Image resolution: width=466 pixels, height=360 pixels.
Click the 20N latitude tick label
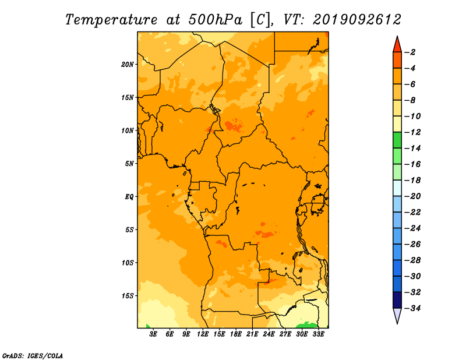pyautogui.click(x=128, y=65)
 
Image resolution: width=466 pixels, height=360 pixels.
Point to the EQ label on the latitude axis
pyautogui.click(x=129, y=197)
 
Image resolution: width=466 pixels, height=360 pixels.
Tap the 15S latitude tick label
pyautogui.click(x=128, y=296)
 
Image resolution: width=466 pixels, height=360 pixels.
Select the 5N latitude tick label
pyautogui.click(x=129, y=164)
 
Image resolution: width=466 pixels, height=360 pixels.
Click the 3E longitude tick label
pyautogui.click(x=153, y=334)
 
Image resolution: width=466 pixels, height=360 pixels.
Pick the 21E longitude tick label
pyautogui.click(x=252, y=334)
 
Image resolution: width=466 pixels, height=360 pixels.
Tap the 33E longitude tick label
pyautogui.click(x=318, y=334)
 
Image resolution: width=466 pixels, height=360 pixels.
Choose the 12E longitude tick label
pyautogui.click(x=202, y=334)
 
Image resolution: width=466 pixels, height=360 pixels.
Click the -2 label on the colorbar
pyautogui.click(x=410, y=52)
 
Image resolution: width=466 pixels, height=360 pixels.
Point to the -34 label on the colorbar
pyautogui.click(x=412, y=308)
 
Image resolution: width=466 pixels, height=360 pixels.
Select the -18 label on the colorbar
pyautogui.click(x=412, y=180)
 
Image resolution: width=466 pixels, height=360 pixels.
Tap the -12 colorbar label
pyautogui.click(x=412, y=132)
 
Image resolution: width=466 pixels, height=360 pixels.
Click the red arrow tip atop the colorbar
pyautogui.click(x=397, y=36)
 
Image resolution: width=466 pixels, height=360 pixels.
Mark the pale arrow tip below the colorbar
pyautogui.click(x=397, y=323)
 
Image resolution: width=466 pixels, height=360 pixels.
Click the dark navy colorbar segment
pyautogui.click(x=397, y=300)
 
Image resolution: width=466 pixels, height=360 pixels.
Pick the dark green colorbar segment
pyautogui.click(x=397, y=140)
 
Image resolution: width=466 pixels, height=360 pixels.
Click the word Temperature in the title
pyautogui.click(x=111, y=20)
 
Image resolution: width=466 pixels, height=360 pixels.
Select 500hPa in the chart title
pyautogui.click(x=215, y=20)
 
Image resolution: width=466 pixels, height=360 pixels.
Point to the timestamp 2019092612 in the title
pyautogui.click(x=356, y=20)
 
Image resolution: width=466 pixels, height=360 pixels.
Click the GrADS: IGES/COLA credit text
pyautogui.click(x=33, y=356)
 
